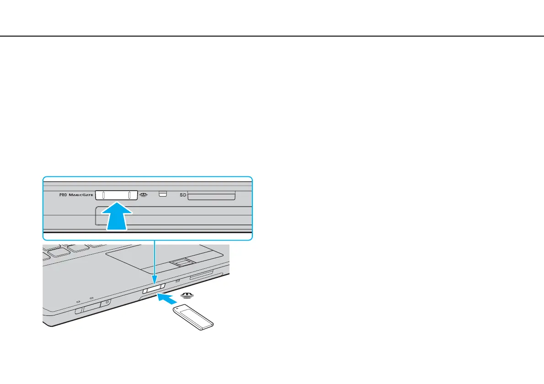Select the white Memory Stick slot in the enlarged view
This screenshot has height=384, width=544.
click(117, 195)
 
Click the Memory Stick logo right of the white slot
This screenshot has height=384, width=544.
click(144, 194)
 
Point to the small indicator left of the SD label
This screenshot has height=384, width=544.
click(162, 194)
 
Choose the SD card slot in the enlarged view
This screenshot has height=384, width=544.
click(211, 196)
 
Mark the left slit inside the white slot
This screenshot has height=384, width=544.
click(104, 195)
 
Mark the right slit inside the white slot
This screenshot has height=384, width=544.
click(130, 195)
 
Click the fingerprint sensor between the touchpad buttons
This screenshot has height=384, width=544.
click(182, 262)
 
